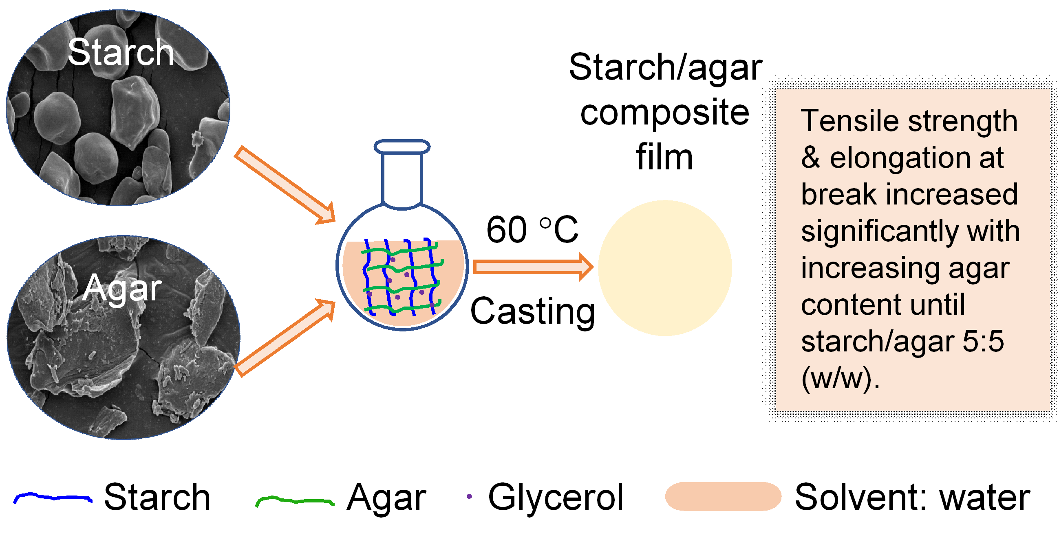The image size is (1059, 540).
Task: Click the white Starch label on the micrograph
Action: (121, 52)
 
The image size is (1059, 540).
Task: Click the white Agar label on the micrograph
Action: (122, 288)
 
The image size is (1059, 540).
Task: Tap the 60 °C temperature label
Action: (532, 230)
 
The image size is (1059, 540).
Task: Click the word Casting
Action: (532, 311)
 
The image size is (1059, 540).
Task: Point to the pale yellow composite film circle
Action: (665, 268)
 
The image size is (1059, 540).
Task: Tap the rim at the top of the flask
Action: (402, 147)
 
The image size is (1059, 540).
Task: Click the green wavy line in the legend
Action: (294, 500)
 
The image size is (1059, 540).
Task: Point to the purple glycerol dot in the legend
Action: (469, 497)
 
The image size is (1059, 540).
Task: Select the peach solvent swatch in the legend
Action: (723, 496)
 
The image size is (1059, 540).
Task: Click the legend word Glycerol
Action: (556, 497)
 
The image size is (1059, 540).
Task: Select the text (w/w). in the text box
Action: (840, 378)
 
